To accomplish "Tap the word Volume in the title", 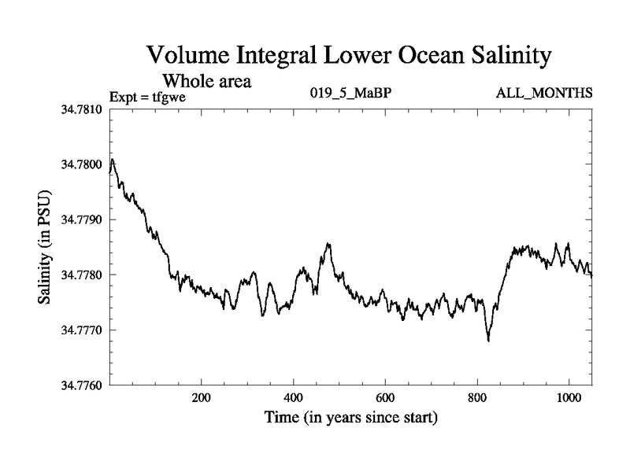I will [189, 57].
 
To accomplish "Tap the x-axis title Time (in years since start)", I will [350, 418].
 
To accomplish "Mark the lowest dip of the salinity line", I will [488, 341].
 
